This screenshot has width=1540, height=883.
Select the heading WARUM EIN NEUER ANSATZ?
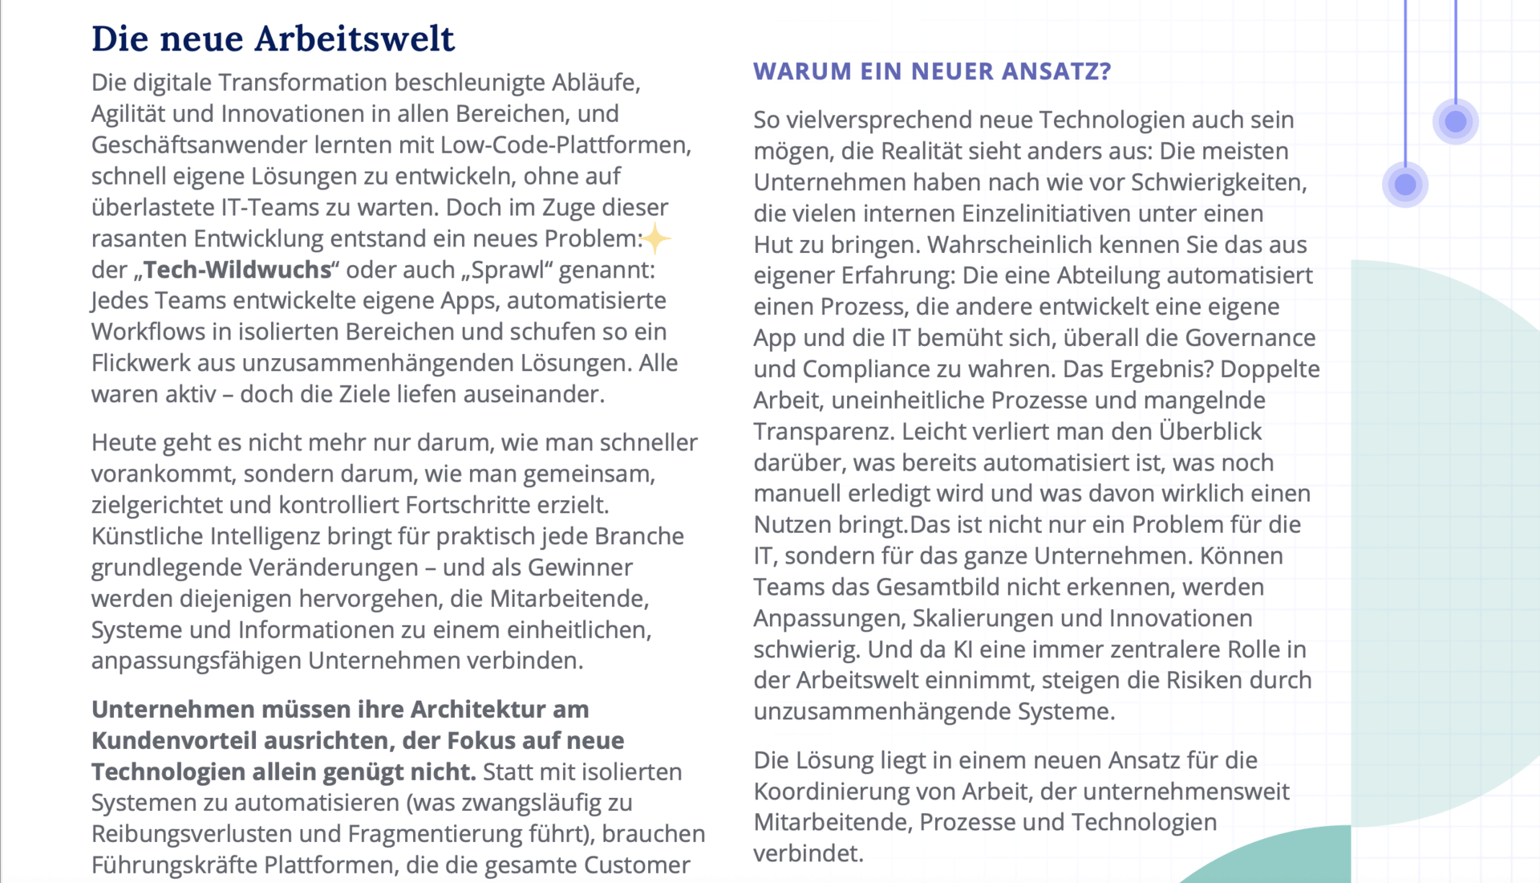coord(932,71)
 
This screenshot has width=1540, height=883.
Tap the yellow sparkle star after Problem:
coord(656,238)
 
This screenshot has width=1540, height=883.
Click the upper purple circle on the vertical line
coord(1455,122)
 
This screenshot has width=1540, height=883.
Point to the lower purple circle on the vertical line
coord(1405,185)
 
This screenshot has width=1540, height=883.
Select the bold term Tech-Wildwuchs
coord(237,270)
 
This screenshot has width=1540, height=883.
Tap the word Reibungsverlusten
coord(192,834)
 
